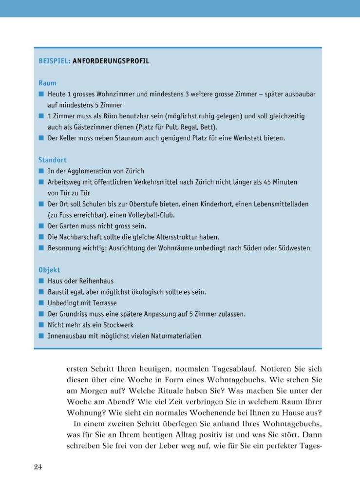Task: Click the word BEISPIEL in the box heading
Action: [54, 61]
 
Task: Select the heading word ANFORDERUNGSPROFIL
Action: [111, 61]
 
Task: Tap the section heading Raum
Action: [47, 83]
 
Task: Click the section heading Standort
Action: [53, 160]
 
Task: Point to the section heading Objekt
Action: [49, 270]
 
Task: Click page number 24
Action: [38, 468]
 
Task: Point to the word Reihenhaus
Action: [96, 281]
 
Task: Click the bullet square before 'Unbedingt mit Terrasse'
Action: [41, 303]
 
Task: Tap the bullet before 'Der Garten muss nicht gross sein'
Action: [41, 226]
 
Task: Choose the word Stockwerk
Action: [117, 325]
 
